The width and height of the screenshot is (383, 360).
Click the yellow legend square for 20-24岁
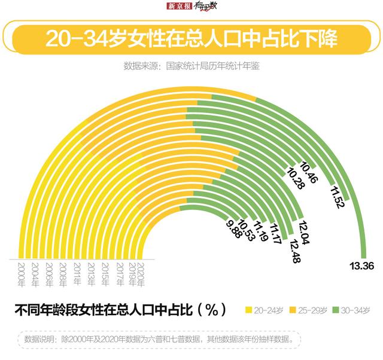[249, 310]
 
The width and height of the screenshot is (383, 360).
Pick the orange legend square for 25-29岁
[293, 310]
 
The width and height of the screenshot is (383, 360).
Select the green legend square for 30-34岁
[336, 310]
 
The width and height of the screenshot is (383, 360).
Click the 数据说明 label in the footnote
[39, 339]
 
